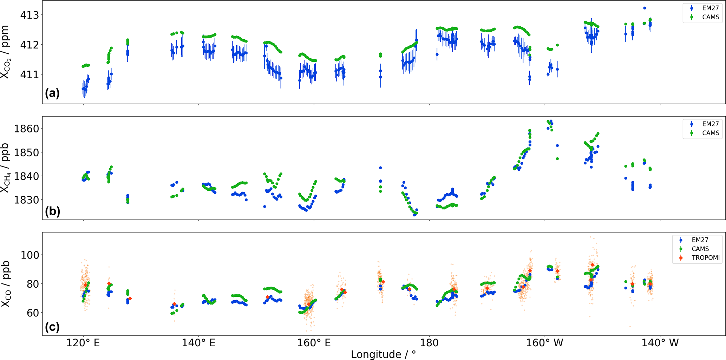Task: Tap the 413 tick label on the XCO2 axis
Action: pos(30,15)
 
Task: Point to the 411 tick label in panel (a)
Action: pos(30,74)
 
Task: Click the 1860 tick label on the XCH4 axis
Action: pos(26,129)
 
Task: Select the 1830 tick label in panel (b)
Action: pos(26,199)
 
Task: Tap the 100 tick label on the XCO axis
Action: pos(30,255)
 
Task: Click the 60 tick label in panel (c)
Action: pos(32,313)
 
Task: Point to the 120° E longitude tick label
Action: pos(83,343)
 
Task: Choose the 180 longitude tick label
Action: pos(429,343)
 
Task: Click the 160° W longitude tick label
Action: pos(545,343)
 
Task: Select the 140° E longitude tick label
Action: pos(198,343)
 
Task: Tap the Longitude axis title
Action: pos(383,354)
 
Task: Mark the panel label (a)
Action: pos(52,93)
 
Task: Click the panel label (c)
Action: pos(52,327)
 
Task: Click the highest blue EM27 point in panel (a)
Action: pos(645,8)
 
